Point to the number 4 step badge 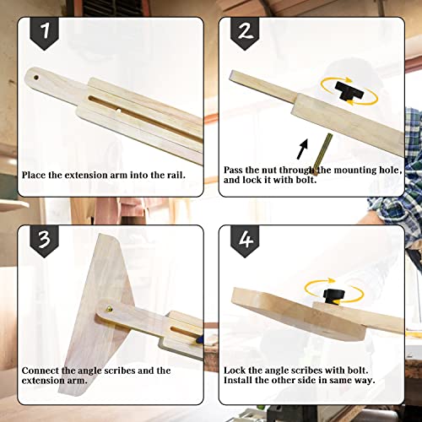pos(246,243)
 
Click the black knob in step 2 pos(346,90)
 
